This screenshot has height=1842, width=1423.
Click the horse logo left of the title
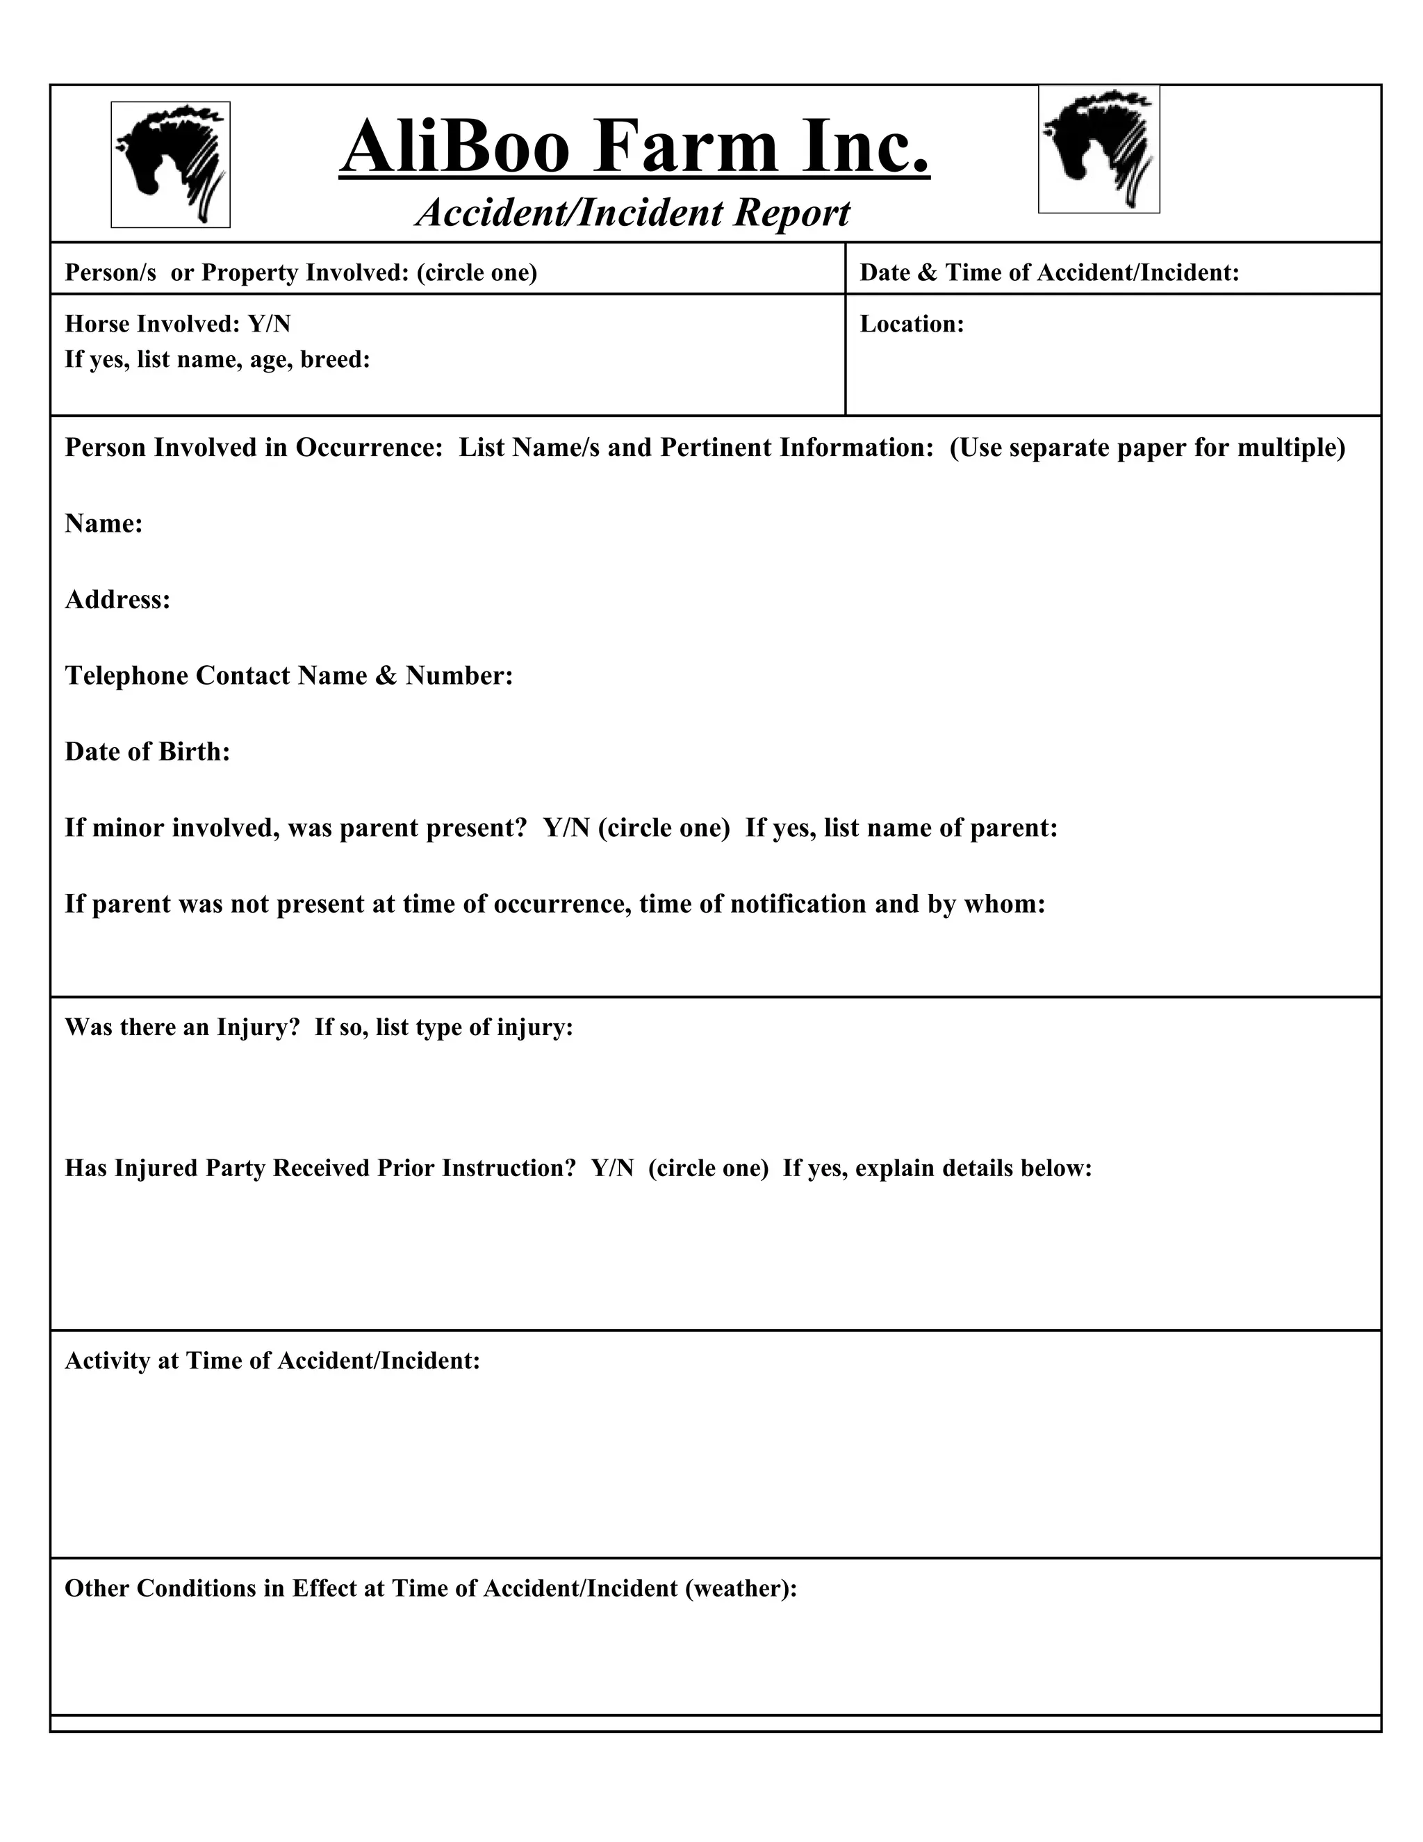pyautogui.click(x=170, y=165)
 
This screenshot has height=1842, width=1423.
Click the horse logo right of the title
pyautogui.click(x=1099, y=149)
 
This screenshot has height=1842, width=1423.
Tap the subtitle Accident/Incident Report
pyautogui.click(x=633, y=213)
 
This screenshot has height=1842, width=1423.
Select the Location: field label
pyautogui.click(x=912, y=325)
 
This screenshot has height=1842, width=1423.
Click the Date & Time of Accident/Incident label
pyautogui.click(x=1048, y=272)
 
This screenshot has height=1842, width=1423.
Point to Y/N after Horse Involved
pyautogui.click(x=269, y=325)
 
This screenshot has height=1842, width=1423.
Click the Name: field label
pyautogui.click(x=104, y=524)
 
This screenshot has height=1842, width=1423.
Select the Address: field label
pyautogui.click(x=117, y=600)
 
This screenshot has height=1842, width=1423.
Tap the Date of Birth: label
pyautogui.click(x=147, y=751)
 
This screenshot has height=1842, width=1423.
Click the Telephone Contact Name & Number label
pyautogui.click(x=288, y=676)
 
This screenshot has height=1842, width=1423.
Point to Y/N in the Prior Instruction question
pyautogui.click(x=612, y=1168)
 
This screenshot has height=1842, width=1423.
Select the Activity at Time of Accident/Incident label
pyautogui.click(x=272, y=1360)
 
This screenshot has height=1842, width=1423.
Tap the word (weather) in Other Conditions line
pyautogui.click(x=738, y=1588)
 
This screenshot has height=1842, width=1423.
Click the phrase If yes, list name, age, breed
pyautogui.click(x=217, y=360)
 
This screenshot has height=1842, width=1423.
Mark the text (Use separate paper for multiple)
pyautogui.click(x=1146, y=448)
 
